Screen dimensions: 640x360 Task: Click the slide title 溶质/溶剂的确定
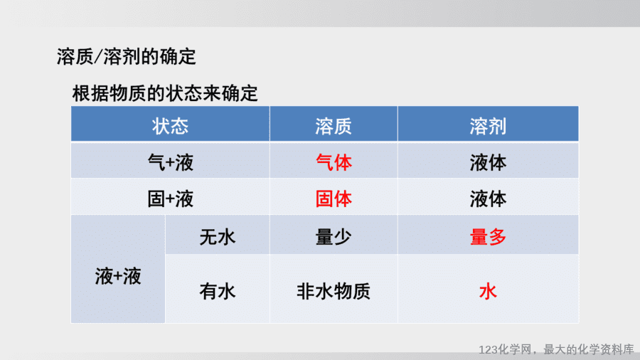[126, 56]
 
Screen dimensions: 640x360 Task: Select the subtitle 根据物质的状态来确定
[165, 93]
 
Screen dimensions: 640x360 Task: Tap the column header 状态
[170, 126]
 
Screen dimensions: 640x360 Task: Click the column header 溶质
[334, 126]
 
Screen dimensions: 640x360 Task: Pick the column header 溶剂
[488, 126]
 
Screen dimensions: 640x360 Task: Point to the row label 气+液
[170, 163]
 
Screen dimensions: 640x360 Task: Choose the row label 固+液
[170, 199]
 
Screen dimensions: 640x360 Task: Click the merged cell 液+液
[118, 276]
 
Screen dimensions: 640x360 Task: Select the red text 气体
[334, 163]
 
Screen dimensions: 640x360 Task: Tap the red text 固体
[334, 199]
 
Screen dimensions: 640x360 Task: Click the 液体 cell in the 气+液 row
[488, 163]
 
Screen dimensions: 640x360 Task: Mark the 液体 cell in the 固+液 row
[488, 199]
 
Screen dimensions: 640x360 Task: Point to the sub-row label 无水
[217, 237]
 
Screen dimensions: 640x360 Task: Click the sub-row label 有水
[217, 292]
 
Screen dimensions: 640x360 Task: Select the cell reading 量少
[334, 237]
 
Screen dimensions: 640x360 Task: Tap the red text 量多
[488, 237]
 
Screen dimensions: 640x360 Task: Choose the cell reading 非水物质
[334, 292]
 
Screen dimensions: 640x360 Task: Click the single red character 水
[488, 292]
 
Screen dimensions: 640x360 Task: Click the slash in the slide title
[98, 57]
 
